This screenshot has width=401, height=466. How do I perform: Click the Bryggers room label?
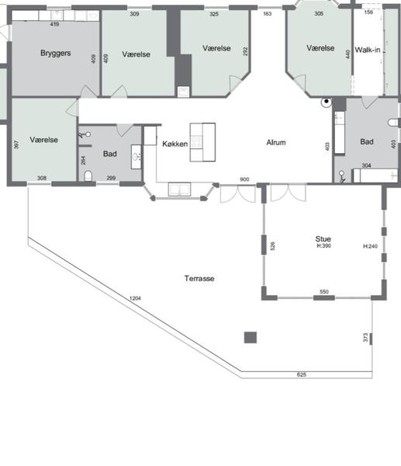(56, 53)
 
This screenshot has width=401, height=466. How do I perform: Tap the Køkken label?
(175, 144)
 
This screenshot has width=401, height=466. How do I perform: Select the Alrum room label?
(276, 142)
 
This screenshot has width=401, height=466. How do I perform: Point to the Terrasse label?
(199, 279)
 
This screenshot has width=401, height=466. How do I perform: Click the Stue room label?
(323, 239)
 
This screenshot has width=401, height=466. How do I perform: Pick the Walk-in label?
(368, 50)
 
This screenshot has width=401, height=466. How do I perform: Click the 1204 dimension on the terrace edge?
(135, 298)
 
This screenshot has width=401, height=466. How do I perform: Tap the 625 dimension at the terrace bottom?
(301, 374)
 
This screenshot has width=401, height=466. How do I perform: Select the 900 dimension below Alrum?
(244, 179)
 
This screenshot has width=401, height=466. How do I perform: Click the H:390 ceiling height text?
(324, 245)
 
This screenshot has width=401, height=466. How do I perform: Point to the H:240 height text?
(371, 246)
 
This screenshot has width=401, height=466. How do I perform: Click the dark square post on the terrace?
(251, 338)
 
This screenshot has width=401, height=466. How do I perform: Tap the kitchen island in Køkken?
(202, 142)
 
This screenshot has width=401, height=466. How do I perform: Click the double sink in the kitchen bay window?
(179, 190)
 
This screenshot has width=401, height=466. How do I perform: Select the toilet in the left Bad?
(88, 176)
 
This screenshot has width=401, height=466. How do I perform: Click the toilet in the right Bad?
(393, 122)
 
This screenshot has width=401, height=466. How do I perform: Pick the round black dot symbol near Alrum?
(327, 102)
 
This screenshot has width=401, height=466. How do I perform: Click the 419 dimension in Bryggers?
(54, 24)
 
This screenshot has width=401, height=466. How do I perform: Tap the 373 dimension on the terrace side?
(365, 338)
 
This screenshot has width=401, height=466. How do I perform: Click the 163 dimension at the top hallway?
(267, 13)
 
